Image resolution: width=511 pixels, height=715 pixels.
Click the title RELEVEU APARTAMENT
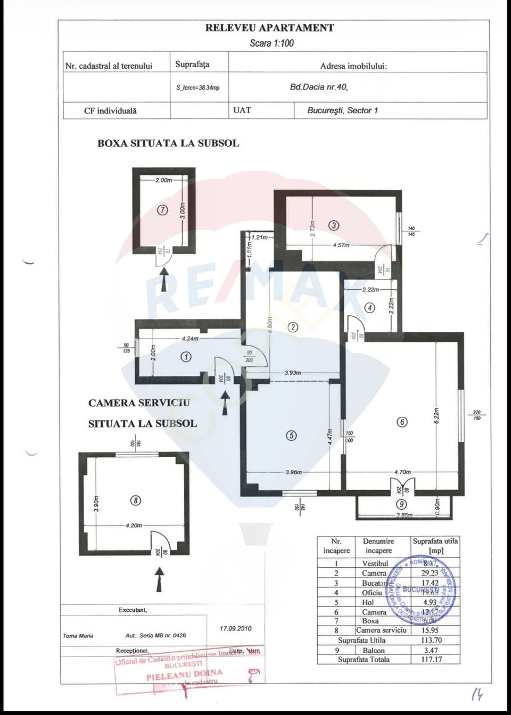coord(269,28)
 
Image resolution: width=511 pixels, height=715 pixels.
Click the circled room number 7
coord(163,210)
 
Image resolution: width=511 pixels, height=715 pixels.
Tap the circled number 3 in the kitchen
coord(334,225)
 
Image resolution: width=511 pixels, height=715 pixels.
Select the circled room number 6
coord(402,422)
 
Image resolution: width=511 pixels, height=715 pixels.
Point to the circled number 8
coord(136,500)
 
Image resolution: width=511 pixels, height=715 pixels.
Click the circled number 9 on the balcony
coord(401,504)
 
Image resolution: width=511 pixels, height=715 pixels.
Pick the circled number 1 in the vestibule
coord(186,357)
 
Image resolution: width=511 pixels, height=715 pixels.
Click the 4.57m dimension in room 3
coord(341,246)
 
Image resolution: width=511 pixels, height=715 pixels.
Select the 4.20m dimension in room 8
coord(134,525)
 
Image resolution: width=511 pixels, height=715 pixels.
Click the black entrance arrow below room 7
coord(164,280)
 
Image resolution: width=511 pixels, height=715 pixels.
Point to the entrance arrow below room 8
coord(159,579)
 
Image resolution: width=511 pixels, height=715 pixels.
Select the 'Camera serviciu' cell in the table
coord(381,630)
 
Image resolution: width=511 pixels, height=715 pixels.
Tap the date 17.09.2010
coord(235,628)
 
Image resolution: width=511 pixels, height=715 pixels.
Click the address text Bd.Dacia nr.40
coord(319,87)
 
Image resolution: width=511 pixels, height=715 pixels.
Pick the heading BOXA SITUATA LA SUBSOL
coord(168,144)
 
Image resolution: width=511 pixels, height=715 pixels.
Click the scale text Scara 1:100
coord(271,44)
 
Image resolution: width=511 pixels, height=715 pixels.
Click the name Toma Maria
coord(78,636)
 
